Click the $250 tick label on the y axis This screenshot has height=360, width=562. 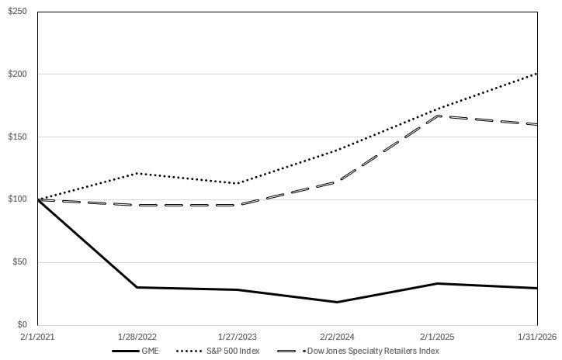click(16, 12)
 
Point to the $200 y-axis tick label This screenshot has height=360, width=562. click(16, 74)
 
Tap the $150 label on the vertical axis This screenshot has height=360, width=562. click(16, 137)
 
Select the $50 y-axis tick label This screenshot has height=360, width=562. click(18, 262)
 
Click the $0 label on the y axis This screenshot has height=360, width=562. click(21, 325)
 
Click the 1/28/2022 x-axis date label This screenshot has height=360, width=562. click(137, 338)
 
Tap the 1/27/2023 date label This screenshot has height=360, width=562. click(238, 338)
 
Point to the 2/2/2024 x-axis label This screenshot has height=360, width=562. click(337, 338)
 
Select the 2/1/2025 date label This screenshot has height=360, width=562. click(437, 338)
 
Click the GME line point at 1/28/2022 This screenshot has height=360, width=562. click(137, 287)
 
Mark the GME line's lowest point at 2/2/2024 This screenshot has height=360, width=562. click(337, 302)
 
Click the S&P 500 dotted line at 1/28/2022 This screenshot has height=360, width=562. click(137, 173)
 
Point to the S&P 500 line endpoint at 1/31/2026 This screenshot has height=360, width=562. click(537, 73)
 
